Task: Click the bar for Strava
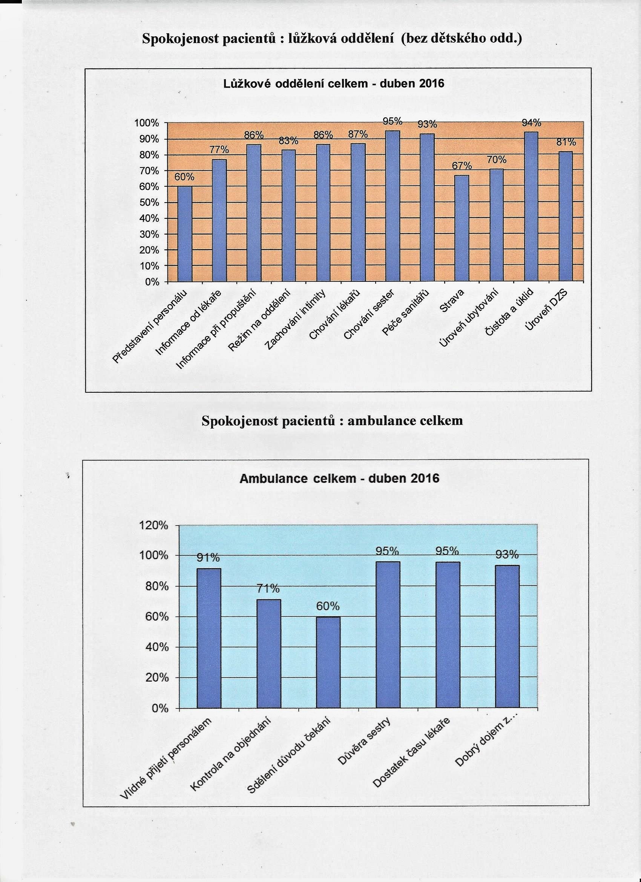tap(462, 228)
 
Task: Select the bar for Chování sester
tap(393, 206)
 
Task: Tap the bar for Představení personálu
tap(185, 234)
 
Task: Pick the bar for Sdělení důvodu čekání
tap(328, 662)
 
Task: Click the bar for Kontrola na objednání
tap(268, 654)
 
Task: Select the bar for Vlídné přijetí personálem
tap(209, 638)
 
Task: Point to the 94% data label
tap(531, 123)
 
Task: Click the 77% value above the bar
tap(219, 150)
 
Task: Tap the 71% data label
tap(268, 589)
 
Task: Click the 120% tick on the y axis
tap(153, 526)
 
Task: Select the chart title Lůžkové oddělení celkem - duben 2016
tap(334, 84)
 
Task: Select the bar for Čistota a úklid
tap(531, 206)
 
